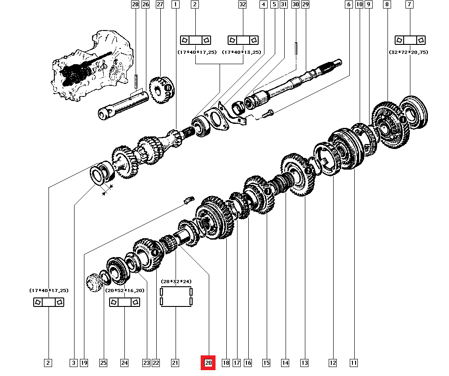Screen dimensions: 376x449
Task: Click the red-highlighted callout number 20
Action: [x=208, y=363]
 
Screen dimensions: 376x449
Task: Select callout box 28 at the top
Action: [x=135, y=4]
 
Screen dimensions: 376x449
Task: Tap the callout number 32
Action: [x=242, y=4]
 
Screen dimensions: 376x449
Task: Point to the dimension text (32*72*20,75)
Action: [x=409, y=52]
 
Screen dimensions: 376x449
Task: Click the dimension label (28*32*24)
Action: [x=176, y=281]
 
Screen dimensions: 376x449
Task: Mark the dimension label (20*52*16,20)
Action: [x=125, y=290]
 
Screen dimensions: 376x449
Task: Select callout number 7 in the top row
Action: [x=409, y=4]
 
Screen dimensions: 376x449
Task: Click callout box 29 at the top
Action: [x=305, y=4]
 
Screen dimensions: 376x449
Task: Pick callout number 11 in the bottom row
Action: [x=354, y=363]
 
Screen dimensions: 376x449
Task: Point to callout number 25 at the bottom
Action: [x=104, y=363]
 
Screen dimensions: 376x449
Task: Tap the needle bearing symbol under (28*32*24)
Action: [x=176, y=297]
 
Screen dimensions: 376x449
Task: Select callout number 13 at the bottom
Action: [x=305, y=363]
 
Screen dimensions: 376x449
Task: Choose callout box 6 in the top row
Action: [x=348, y=4]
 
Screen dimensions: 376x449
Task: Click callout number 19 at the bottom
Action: [x=84, y=363]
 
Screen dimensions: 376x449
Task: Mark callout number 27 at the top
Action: [x=159, y=4]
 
